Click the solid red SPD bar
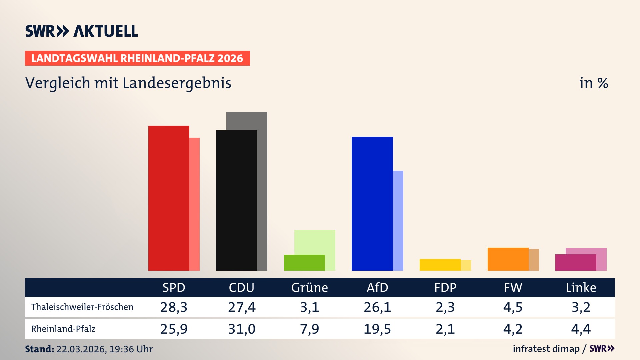click(x=169, y=198)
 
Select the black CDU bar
click(x=236, y=200)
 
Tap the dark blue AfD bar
click(x=372, y=203)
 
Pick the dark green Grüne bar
click(x=304, y=263)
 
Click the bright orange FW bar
click(x=508, y=259)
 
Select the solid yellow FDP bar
click(x=440, y=265)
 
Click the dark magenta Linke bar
click(x=575, y=263)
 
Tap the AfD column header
click(x=377, y=287)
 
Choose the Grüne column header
click(x=309, y=287)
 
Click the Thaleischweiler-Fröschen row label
click(x=82, y=307)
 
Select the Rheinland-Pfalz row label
click(x=63, y=329)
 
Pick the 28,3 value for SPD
click(x=174, y=307)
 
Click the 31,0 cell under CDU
click(x=242, y=329)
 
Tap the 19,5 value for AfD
click(x=377, y=329)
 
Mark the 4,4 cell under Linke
click(x=581, y=329)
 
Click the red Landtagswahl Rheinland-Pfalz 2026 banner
click(x=137, y=58)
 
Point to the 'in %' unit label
click(x=594, y=83)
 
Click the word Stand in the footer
click(x=39, y=349)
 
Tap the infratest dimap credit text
click(x=546, y=349)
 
